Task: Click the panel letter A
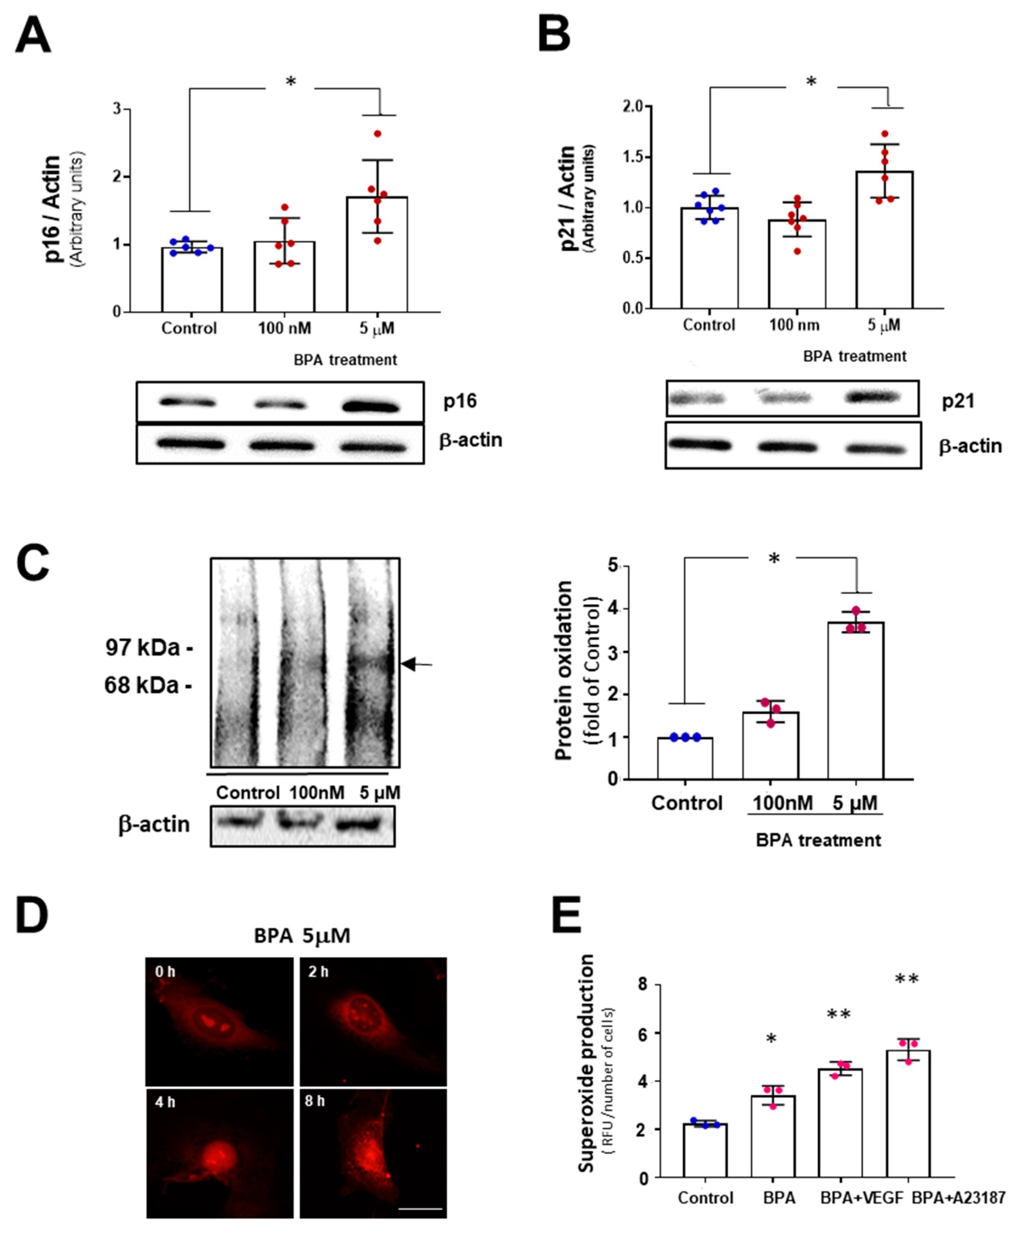pos(33,35)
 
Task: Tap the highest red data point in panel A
pos(377,134)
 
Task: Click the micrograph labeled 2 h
pos(373,1021)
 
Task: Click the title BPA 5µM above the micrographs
pos(302,936)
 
